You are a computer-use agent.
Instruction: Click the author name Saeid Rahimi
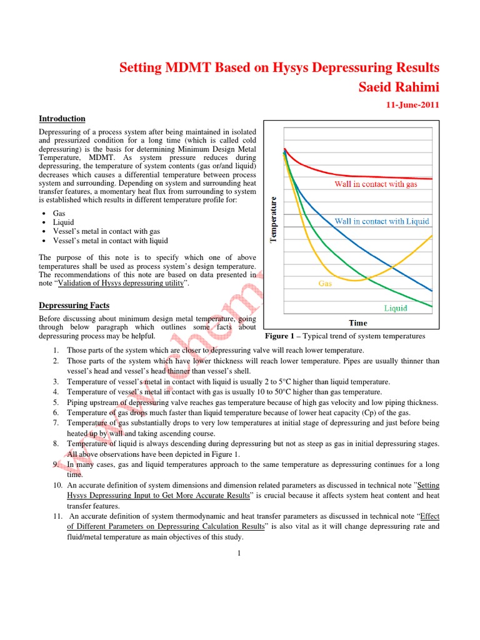tap(398, 87)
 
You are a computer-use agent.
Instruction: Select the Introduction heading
tap(62, 119)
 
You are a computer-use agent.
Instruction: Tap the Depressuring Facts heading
tap(74, 305)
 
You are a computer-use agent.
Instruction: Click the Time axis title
tap(358, 323)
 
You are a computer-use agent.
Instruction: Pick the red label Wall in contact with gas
tap(376, 184)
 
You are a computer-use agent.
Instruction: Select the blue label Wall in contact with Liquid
tap(382, 221)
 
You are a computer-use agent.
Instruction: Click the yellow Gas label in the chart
tap(325, 283)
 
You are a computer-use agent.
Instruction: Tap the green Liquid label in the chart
tap(396, 308)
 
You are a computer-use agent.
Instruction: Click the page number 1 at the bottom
tap(239, 552)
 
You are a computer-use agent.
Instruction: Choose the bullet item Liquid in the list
tap(63, 222)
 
